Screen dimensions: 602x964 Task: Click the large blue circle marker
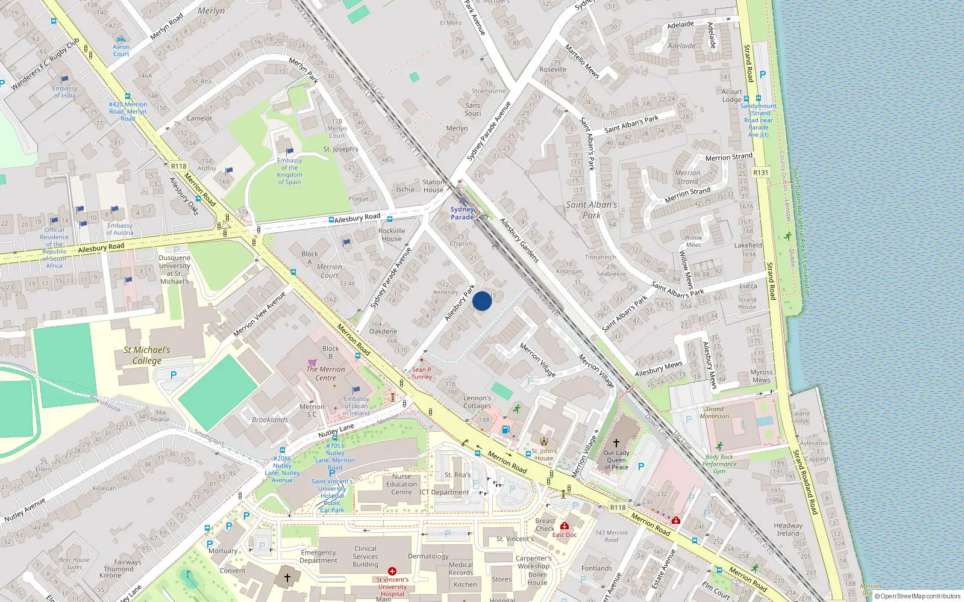click(x=482, y=301)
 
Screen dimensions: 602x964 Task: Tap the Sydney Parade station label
click(x=462, y=213)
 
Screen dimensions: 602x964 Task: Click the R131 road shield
click(x=761, y=172)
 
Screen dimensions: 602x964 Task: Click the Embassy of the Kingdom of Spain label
click(x=289, y=171)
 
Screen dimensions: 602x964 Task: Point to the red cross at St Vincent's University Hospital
click(x=392, y=571)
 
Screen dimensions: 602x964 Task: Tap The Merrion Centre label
click(x=325, y=373)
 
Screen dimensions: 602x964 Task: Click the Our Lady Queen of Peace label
click(x=616, y=460)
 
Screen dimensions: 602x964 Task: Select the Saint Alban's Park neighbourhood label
click(x=592, y=209)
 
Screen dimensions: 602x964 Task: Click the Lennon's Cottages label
click(x=477, y=402)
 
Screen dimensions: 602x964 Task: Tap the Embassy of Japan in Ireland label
click(x=356, y=406)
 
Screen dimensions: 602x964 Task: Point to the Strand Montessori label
click(x=715, y=412)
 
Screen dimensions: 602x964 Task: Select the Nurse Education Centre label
click(x=401, y=484)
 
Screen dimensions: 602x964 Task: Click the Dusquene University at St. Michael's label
click(x=174, y=269)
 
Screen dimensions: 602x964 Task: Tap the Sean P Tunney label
click(x=421, y=373)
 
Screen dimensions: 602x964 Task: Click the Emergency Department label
click(x=318, y=556)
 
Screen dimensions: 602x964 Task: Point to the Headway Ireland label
click(x=787, y=529)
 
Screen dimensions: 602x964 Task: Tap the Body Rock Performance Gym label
click(x=719, y=464)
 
